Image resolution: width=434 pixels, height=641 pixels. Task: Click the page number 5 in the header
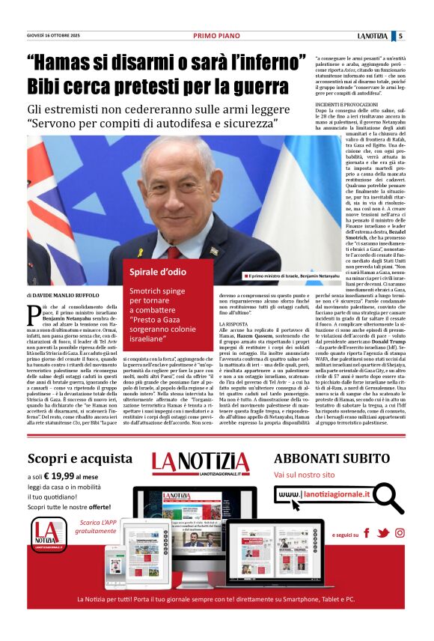400,35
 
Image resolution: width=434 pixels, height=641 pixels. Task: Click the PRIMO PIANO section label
216,35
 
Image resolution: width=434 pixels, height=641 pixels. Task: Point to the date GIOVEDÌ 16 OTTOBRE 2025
55,35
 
